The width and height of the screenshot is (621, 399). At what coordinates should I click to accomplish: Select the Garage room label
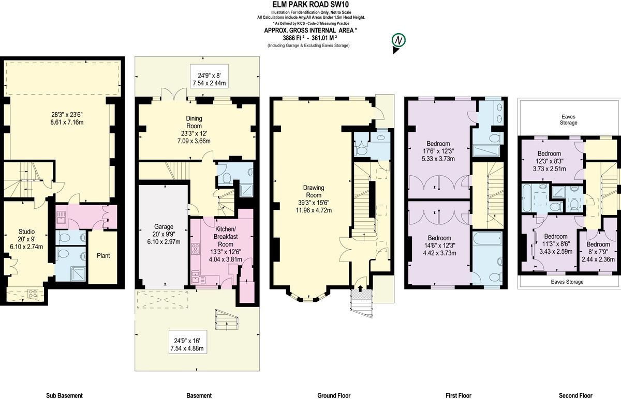point(164,226)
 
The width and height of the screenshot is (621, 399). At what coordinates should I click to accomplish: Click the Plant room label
point(102,255)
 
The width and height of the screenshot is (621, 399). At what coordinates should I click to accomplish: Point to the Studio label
point(26,232)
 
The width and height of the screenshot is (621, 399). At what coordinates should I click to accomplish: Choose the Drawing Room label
point(313,191)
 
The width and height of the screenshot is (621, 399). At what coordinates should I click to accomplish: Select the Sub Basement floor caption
point(64,395)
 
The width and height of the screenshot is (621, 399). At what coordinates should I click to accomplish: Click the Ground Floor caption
point(333,395)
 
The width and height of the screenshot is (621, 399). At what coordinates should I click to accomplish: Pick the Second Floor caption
point(575,395)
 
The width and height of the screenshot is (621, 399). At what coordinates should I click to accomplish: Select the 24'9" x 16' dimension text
point(187,341)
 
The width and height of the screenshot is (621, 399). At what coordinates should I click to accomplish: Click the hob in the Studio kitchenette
point(33,294)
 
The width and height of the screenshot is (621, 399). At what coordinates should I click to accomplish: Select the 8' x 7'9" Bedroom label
point(597,244)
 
